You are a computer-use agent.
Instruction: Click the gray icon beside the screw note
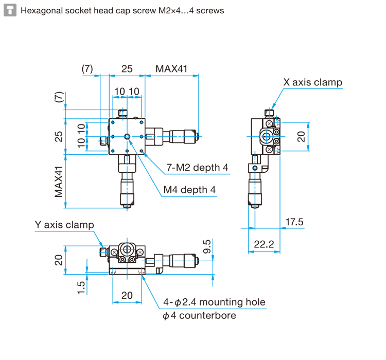pyautogui.click(x=10, y=10)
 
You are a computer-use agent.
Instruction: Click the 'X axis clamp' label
pyautogui.click(x=312, y=82)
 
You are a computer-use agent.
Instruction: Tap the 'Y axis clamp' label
pyautogui.click(x=64, y=225)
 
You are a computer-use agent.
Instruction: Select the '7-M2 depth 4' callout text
pyautogui.click(x=197, y=168)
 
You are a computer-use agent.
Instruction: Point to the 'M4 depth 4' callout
pyautogui.click(x=189, y=190)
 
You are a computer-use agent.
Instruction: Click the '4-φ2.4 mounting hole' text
pyautogui.click(x=214, y=302)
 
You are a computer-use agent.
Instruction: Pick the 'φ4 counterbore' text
pyautogui.click(x=199, y=315)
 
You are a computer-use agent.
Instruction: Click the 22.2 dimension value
pyautogui.click(x=264, y=244)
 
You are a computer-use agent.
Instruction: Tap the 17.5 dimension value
pyautogui.click(x=294, y=222)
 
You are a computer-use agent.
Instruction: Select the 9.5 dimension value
pyautogui.click(x=207, y=246)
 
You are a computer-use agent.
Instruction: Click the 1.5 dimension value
pyautogui.click(x=81, y=288)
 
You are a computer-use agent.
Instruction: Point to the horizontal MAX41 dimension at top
pyautogui.click(x=171, y=69)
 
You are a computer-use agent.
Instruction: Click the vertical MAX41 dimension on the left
pyautogui.click(x=59, y=182)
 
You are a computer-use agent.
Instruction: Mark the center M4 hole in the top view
pyautogui.click(x=127, y=137)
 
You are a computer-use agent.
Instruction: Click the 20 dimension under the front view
pyautogui.click(x=127, y=295)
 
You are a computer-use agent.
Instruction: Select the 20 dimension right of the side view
pyautogui.click(x=301, y=137)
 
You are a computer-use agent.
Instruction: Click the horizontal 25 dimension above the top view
pyautogui.click(x=127, y=69)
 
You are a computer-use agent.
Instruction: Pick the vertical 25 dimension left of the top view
pyautogui.click(x=59, y=137)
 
